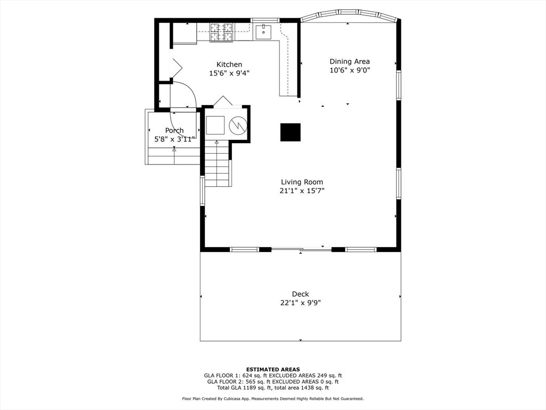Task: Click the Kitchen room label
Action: click(229, 65)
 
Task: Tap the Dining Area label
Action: click(349, 61)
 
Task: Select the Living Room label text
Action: click(302, 182)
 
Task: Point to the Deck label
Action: click(300, 294)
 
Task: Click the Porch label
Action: click(174, 130)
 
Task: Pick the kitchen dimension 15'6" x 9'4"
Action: click(229, 74)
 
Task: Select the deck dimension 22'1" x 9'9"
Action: click(300, 303)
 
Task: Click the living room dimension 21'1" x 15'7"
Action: click(302, 191)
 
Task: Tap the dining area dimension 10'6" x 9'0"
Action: click(349, 70)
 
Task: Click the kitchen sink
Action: click(263, 32)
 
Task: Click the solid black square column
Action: click(291, 132)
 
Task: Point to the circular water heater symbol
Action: click(238, 125)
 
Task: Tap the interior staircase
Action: click(217, 165)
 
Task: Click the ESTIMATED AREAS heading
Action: click(273, 369)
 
